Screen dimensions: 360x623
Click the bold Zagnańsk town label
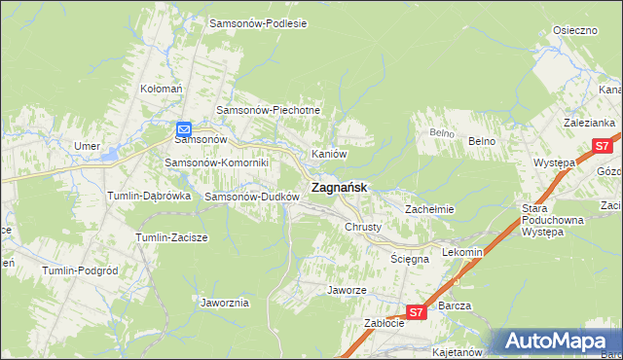338,188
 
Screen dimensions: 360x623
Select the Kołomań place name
162,89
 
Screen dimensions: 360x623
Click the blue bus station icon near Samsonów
184,127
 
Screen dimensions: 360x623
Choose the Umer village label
88,146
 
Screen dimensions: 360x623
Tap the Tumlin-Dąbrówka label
148,196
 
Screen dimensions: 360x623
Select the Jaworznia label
225,303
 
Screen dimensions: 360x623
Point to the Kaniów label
329,154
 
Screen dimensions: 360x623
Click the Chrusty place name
363,227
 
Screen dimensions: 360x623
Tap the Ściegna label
409,259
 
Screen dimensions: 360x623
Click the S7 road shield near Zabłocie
416,312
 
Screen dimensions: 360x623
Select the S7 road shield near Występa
601,147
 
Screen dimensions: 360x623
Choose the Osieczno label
574,30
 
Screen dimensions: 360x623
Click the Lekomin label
462,252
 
